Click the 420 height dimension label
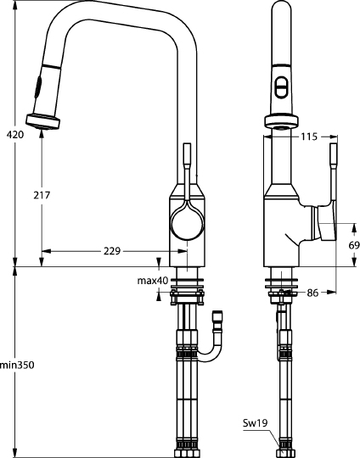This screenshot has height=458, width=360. (x=15, y=134)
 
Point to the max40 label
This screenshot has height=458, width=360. (x=153, y=280)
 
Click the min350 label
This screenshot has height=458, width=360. (x=17, y=366)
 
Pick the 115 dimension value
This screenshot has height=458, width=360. (x=308, y=135)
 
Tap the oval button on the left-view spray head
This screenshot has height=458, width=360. (x=37, y=86)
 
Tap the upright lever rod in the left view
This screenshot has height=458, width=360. (x=187, y=161)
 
